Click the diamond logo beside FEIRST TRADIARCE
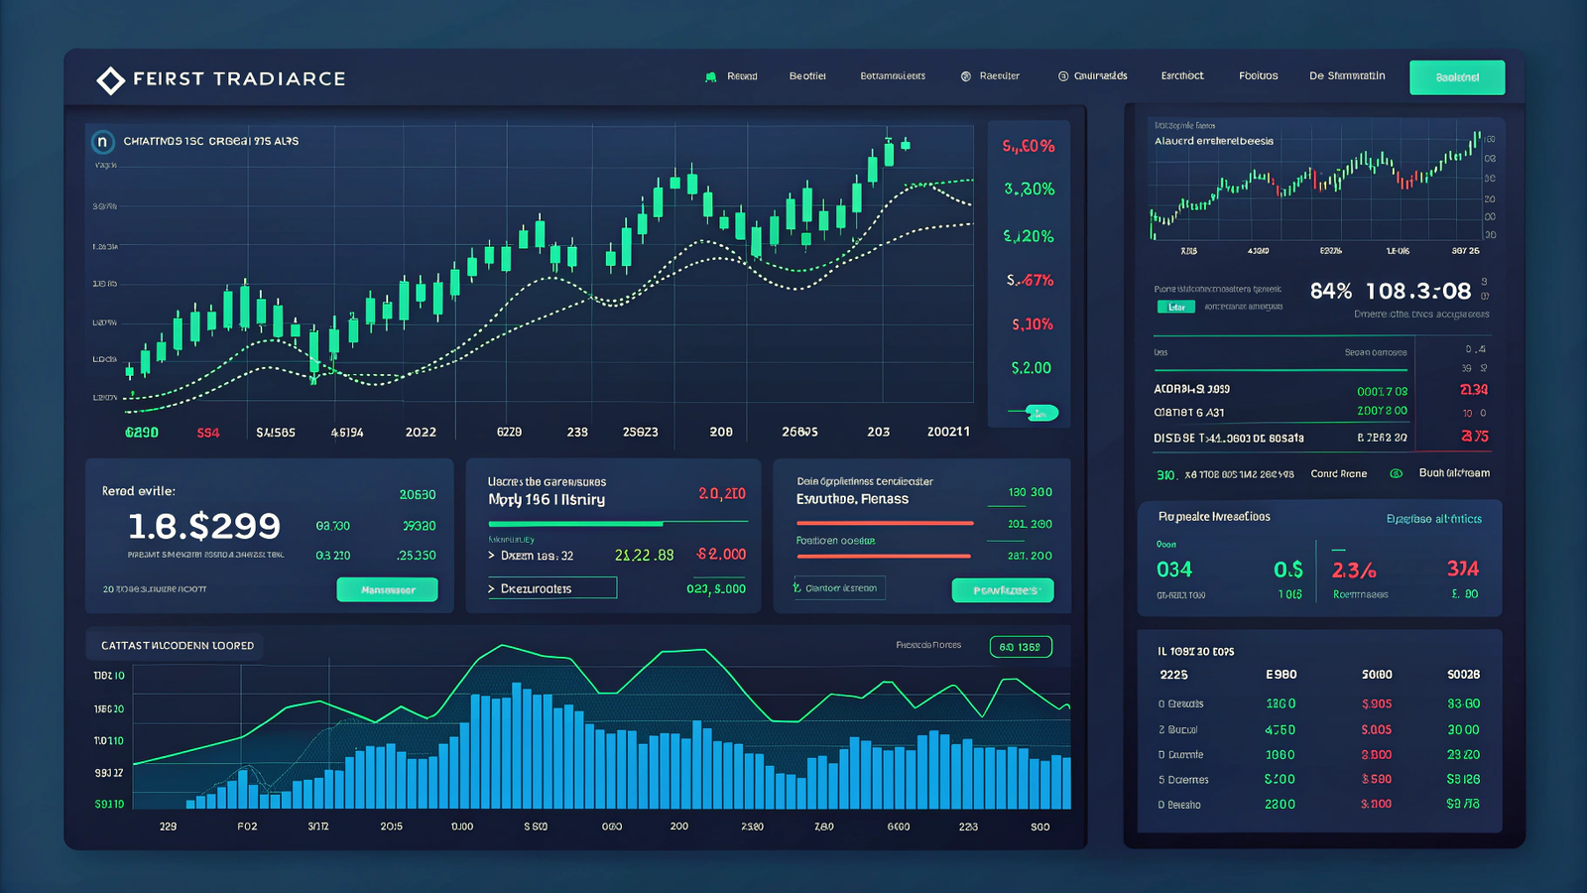(110, 80)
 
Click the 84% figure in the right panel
(1330, 291)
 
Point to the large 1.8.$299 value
(204, 526)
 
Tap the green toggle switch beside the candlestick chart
(1040, 413)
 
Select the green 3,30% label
(1029, 189)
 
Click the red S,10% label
(1032, 324)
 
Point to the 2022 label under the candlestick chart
(421, 433)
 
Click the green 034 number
(1174, 570)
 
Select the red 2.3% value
(1354, 571)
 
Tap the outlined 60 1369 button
(1020, 647)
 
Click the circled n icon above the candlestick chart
(102, 142)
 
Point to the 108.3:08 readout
(1418, 291)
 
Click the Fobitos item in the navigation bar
(1258, 76)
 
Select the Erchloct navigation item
(1182, 76)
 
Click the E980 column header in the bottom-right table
(1281, 675)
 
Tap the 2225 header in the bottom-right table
(1173, 675)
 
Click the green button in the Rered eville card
(387, 589)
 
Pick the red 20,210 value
(721, 493)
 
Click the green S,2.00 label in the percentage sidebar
(1031, 368)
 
